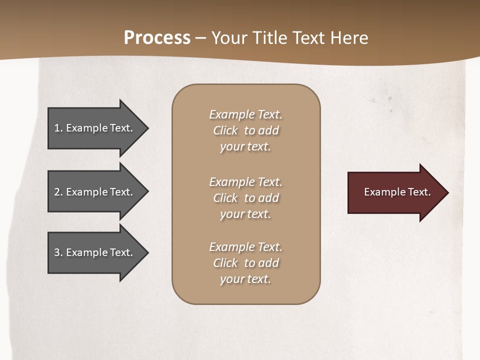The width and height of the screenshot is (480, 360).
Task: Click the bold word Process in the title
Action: click(157, 38)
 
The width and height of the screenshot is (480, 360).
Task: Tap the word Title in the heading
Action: click(268, 38)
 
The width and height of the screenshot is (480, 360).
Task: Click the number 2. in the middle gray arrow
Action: click(58, 192)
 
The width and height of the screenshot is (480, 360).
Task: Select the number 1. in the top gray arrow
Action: click(58, 128)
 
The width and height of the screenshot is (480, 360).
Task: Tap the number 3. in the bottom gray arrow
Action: click(58, 252)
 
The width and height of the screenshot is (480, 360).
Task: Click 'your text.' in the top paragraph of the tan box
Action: click(245, 147)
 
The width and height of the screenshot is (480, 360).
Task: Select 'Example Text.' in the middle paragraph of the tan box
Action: click(245, 182)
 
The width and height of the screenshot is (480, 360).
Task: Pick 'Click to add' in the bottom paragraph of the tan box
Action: click(245, 263)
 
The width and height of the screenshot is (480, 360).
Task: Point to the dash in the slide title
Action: click(200, 38)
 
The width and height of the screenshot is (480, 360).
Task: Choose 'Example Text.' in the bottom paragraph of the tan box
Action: click(245, 247)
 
